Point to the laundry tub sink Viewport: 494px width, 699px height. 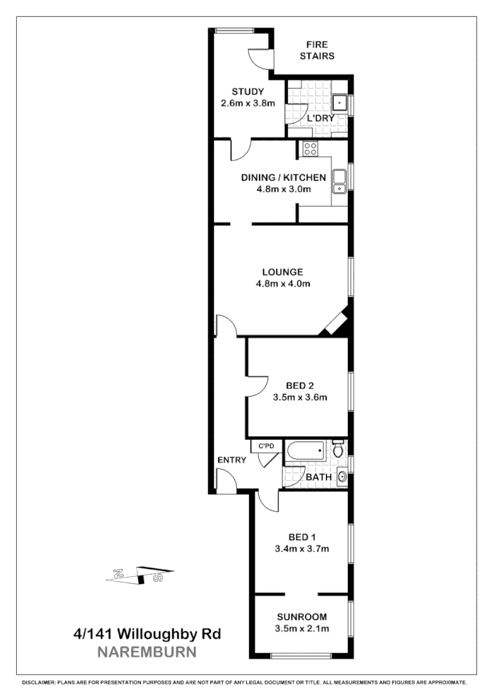(339, 103)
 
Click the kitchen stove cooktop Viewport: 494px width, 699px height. (309, 148)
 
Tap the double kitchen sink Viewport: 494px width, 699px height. (339, 181)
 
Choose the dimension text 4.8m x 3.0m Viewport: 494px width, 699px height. (282, 189)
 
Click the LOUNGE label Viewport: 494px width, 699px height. (282, 272)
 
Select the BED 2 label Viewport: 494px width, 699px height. (299, 386)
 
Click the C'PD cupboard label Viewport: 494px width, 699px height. (266, 446)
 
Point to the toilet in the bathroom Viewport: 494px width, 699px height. (338, 448)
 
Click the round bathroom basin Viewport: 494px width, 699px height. (342, 477)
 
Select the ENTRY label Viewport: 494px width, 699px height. (231, 460)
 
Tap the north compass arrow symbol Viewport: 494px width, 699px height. (139, 573)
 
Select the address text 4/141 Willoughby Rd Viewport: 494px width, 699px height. (147, 633)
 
